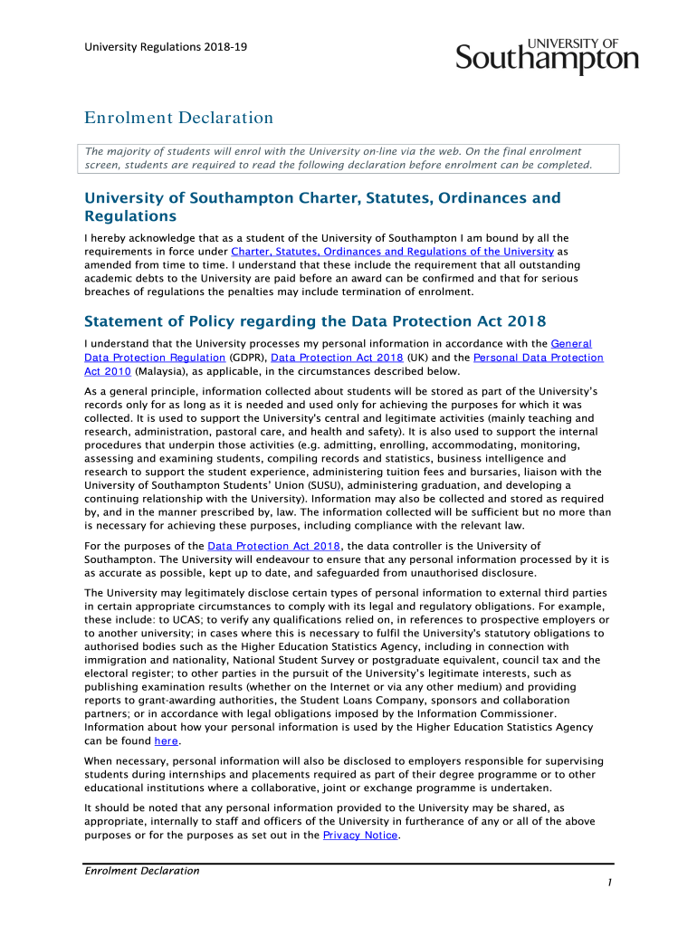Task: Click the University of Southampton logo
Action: pos(547,56)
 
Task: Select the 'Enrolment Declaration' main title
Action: pos(178,118)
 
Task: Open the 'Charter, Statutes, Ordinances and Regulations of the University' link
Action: pos(392,252)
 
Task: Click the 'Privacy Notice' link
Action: pos(359,835)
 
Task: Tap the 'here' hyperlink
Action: pos(166,741)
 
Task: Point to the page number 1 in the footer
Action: pos(611,883)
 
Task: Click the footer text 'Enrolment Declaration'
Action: pos(141,871)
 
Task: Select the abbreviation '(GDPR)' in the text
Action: pos(242,358)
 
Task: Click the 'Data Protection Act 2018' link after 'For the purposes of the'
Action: pos(274,546)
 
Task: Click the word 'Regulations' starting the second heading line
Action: pos(130,217)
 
